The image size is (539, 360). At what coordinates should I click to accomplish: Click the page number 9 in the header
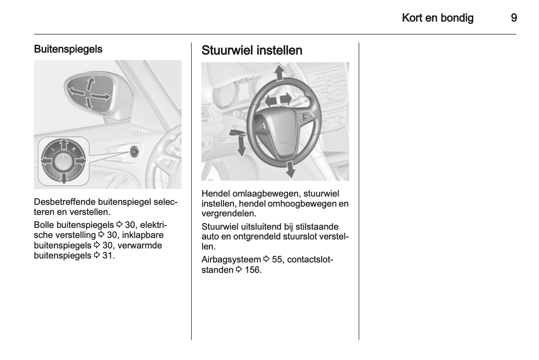(x=514, y=18)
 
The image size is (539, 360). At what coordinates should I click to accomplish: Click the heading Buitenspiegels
(x=68, y=49)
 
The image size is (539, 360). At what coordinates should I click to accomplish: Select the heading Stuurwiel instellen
(x=252, y=50)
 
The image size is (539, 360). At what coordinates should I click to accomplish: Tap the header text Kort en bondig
(x=438, y=18)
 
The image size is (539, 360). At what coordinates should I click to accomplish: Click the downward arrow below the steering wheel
(x=290, y=169)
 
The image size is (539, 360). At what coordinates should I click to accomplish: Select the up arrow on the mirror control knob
(x=64, y=144)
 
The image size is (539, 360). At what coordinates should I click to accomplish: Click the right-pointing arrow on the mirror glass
(x=101, y=97)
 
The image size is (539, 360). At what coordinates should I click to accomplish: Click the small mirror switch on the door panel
(x=134, y=151)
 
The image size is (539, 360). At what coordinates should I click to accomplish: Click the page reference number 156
(x=253, y=270)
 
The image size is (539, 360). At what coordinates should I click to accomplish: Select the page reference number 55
(x=277, y=259)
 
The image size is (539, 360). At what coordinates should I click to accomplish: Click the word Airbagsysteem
(x=231, y=259)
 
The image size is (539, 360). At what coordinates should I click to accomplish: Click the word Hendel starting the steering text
(x=216, y=193)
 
